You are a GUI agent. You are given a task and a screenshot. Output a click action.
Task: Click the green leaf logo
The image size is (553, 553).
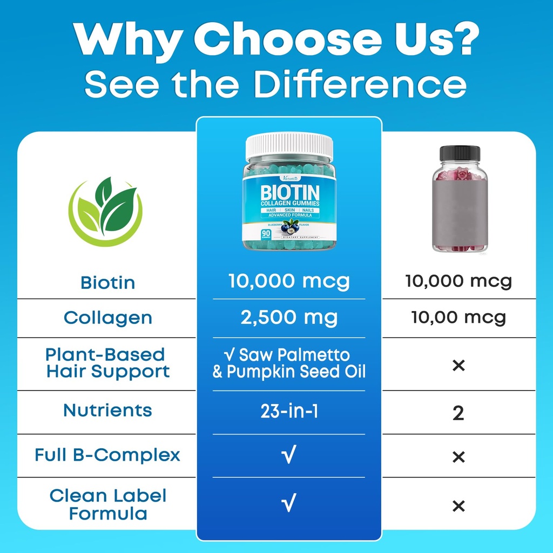point(106,212)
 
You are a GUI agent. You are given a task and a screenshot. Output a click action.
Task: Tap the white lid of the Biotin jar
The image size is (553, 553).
point(289,147)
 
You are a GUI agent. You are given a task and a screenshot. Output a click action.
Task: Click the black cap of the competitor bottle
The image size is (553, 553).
point(460,153)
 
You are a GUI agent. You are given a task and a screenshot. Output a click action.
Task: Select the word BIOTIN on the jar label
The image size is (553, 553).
point(289,192)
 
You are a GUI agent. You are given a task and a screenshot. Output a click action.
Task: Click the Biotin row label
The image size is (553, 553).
point(107,282)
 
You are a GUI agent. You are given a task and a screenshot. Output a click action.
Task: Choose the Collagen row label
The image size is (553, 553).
point(107,318)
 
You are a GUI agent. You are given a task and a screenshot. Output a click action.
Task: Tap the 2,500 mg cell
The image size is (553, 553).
point(289,318)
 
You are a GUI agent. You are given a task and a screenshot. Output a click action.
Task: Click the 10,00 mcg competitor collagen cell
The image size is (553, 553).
point(458,318)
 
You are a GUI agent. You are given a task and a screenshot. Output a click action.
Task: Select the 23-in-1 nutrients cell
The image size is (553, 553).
point(289,412)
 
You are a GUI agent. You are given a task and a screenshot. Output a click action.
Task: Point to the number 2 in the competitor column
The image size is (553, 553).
point(458,414)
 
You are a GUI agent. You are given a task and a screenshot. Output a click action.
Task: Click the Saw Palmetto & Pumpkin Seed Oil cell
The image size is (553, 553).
point(289,363)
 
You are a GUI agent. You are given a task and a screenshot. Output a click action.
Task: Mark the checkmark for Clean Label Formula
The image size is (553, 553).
point(289,504)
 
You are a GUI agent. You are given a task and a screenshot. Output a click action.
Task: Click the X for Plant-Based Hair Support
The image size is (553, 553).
point(458,366)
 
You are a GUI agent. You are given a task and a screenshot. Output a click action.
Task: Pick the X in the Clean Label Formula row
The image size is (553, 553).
point(458,506)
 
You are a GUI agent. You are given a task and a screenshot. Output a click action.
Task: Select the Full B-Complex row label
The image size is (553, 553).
point(107,455)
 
